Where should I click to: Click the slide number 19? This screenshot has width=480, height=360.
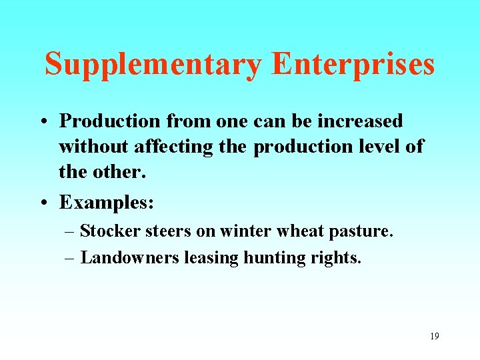[434, 336]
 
